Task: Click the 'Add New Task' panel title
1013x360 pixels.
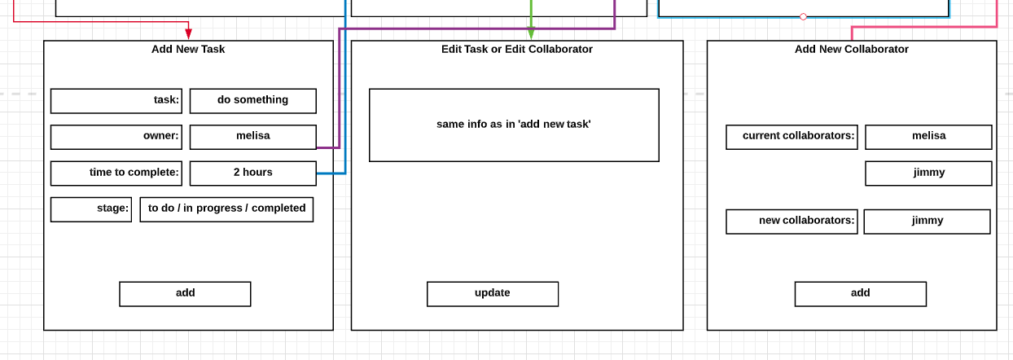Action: click(188, 50)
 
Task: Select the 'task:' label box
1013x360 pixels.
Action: click(116, 101)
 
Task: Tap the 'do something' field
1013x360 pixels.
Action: click(252, 101)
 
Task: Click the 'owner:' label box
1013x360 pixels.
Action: click(116, 137)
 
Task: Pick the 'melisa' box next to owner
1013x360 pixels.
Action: click(252, 137)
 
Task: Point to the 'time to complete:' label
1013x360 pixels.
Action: click(116, 173)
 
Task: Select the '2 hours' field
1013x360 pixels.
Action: click(252, 173)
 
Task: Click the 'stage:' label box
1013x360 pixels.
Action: click(91, 209)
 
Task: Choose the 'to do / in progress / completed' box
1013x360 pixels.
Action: click(226, 209)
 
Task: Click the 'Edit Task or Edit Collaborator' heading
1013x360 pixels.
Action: click(517, 50)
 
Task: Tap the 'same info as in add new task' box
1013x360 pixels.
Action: click(514, 125)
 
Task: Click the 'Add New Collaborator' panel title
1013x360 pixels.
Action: click(851, 50)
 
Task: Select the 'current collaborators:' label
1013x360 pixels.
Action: click(792, 137)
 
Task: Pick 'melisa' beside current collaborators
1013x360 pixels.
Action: click(928, 137)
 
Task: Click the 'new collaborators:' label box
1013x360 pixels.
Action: click(792, 222)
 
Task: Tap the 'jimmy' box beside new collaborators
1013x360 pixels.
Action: click(927, 222)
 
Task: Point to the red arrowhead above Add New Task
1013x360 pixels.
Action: click(189, 34)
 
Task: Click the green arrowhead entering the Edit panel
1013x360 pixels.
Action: click(531, 34)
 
